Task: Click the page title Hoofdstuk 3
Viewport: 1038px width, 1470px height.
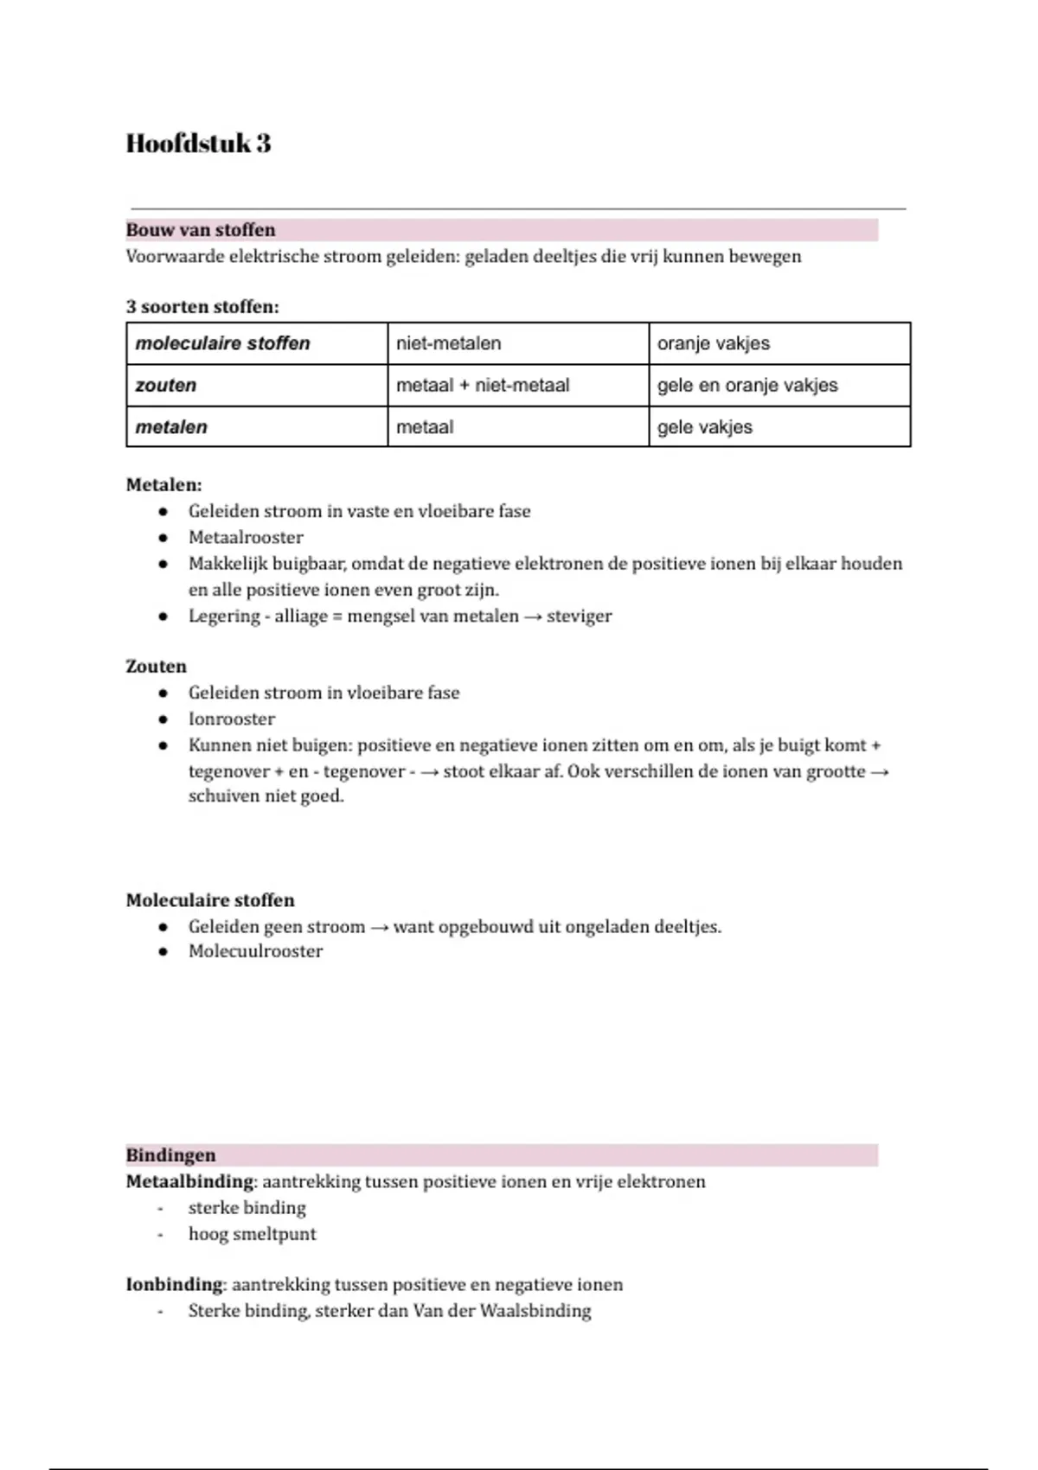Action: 198,144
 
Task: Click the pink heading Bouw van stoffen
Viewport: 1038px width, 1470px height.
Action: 201,230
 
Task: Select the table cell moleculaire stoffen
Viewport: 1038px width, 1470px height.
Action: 222,343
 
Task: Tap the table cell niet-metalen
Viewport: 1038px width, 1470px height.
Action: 448,343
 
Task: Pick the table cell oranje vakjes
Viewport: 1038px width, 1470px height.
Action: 713,343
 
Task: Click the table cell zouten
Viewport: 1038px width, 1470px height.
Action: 166,385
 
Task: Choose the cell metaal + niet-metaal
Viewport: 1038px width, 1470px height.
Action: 483,385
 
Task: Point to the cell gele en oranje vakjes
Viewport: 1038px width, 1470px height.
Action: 747,385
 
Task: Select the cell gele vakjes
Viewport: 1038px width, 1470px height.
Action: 704,426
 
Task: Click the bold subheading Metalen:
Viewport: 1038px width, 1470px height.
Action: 163,485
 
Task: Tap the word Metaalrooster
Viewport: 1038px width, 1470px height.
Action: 246,537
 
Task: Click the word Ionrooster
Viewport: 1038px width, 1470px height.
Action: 232,719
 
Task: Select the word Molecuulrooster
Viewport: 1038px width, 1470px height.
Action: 255,951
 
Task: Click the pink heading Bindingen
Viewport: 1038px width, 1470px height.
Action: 171,1155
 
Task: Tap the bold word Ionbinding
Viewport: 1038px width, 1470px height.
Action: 174,1285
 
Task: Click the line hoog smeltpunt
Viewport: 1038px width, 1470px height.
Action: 253,1234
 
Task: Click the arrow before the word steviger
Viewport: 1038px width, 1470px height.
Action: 534,617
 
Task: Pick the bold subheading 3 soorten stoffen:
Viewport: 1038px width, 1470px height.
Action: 202,307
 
